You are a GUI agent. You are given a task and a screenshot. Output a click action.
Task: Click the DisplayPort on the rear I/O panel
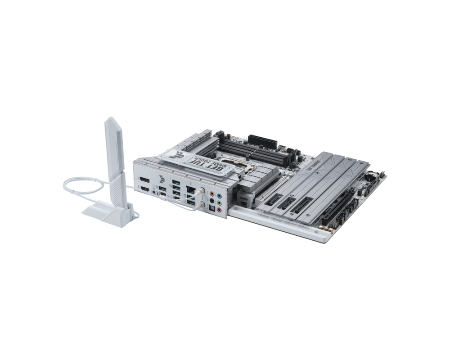(x=144, y=180)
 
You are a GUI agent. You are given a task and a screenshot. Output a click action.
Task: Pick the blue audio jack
(x=219, y=196)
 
